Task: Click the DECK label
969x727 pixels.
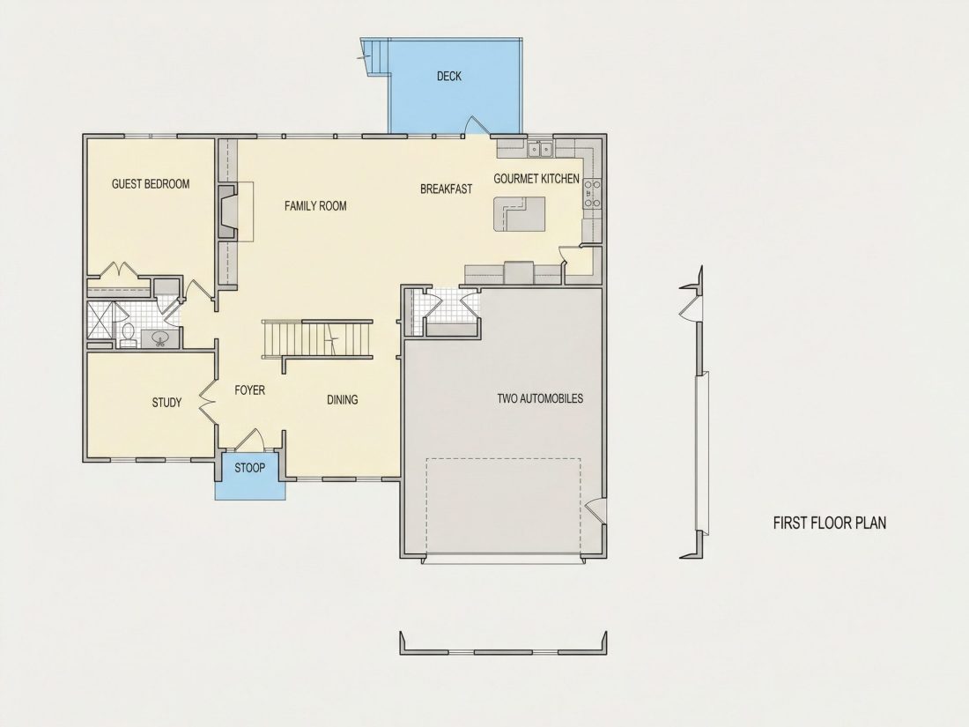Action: pos(448,76)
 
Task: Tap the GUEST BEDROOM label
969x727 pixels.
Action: pos(150,183)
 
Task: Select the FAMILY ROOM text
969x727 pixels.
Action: pos(315,206)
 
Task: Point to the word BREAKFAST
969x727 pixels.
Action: pos(446,189)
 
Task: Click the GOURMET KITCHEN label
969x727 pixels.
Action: pos(536,179)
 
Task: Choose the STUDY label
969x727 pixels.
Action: pos(166,403)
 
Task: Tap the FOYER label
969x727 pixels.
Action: pos(249,390)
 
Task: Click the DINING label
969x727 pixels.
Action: pos(343,400)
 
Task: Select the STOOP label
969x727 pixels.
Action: pos(249,468)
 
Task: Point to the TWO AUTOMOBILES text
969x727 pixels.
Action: pos(540,398)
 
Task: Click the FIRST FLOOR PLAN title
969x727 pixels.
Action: pos(829,523)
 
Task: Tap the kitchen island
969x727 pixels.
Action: pos(519,214)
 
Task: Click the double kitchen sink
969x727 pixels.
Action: pos(539,149)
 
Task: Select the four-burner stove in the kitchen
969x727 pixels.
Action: pos(592,193)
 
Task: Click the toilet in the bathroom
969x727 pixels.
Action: pos(129,335)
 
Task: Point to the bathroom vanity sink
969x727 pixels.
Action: pos(160,338)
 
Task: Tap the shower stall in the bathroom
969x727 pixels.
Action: pos(100,321)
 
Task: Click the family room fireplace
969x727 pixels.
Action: pos(229,212)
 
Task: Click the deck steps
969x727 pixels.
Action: pos(375,57)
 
